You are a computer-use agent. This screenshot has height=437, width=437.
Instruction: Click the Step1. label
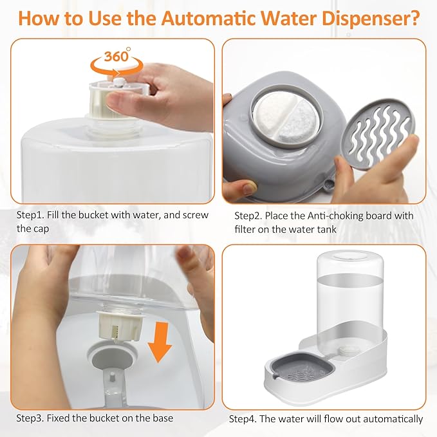pyautogui.click(x=33, y=215)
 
